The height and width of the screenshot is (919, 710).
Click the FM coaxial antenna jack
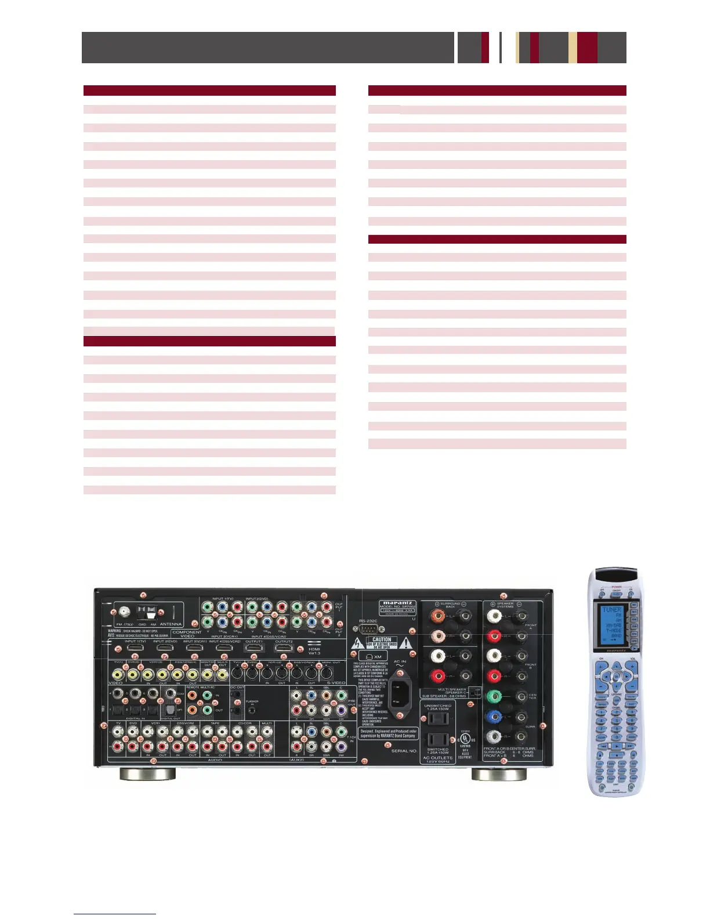124,612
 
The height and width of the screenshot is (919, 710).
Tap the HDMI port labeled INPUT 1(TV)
135,648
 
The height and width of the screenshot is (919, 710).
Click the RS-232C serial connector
368,631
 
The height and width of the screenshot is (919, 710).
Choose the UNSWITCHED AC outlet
437,719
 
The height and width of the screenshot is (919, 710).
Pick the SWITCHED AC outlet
437,739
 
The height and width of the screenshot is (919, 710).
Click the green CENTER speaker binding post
494,696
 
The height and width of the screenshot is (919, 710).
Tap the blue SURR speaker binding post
494,717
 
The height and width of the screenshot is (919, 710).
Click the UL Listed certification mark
465,739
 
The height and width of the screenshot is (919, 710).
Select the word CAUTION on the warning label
382,639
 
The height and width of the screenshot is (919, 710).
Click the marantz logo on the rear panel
397,603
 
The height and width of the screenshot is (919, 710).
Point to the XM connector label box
375,657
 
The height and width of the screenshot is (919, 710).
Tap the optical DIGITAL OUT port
171,710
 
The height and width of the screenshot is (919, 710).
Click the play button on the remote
616,746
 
